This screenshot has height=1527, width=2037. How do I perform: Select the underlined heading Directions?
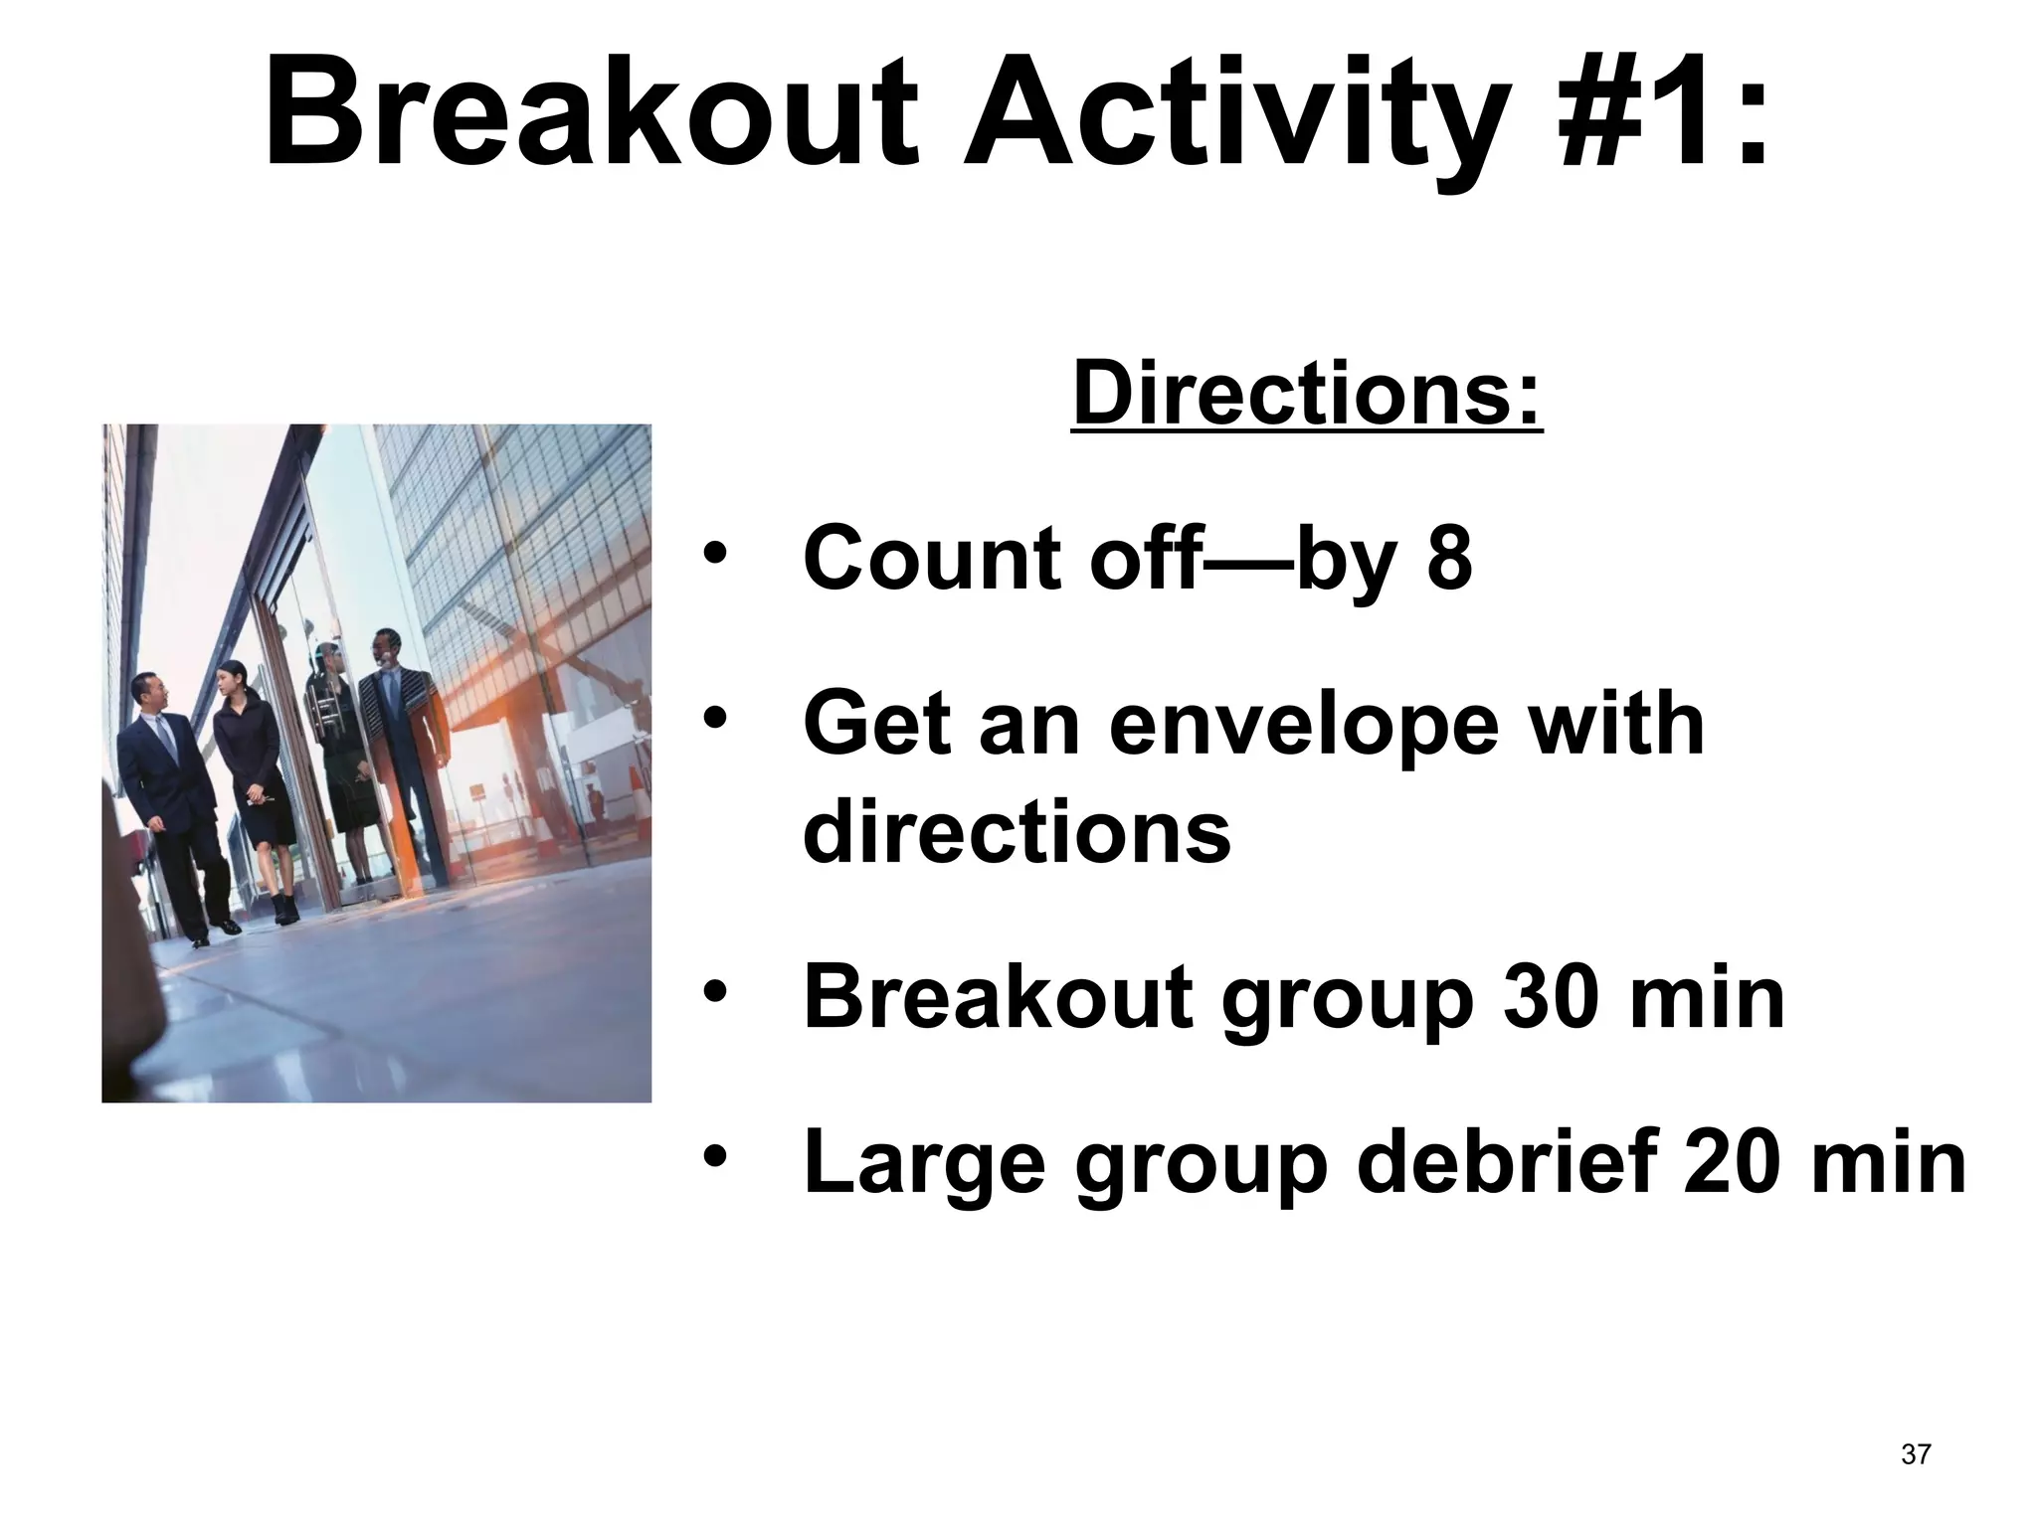coord(1307,396)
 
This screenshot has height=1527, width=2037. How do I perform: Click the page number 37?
coord(1915,1454)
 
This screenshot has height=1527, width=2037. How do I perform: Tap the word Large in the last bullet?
coord(924,1165)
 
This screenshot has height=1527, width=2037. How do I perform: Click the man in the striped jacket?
coord(403,736)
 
